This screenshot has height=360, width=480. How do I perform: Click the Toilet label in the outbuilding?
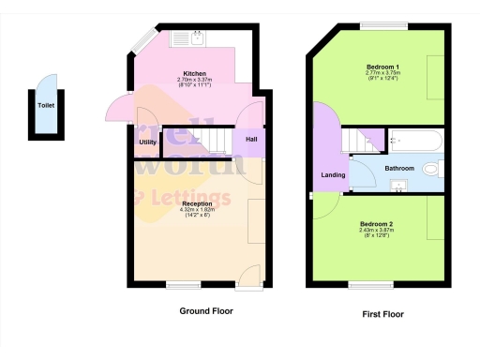(45, 106)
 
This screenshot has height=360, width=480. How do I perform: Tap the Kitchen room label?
(194, 73)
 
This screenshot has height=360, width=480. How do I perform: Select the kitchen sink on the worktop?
(198, 37)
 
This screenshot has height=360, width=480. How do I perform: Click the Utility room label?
(147, 142)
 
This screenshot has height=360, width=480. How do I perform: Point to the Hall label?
(251, 140)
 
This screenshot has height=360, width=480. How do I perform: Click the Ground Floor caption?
(205, 310)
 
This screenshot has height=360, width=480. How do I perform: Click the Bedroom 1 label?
(382, 67)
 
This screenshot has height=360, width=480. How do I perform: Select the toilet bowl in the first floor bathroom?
(432, 170)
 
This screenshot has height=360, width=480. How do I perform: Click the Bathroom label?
(398, 169)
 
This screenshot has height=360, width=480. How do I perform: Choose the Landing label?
(333, 174)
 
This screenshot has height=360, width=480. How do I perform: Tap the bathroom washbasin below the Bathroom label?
(397, 186)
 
